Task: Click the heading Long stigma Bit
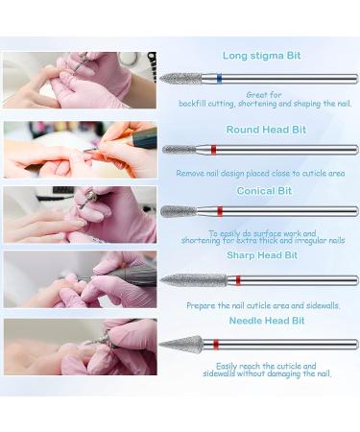[x=261, y=56]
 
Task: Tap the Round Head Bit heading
[x=266, y=130]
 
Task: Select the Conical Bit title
[x=264, y=191]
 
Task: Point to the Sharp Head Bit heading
[x=262, y=255]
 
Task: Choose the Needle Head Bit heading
[x=267, y=321]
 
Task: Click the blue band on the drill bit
[x=219, y=79]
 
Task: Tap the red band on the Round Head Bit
[x=213, y=150]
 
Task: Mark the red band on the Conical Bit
[x=220, y=211]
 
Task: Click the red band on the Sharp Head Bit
[x=238, y=280]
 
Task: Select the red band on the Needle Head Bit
[x=216, y=345]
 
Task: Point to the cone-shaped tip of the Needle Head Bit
[x=181, y=345]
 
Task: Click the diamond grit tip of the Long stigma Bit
[x=180, y=79]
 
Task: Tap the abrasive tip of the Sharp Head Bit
[x=194, y=280]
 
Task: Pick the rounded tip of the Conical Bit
[x=179, y=211]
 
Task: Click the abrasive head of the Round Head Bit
[x=179, y=150]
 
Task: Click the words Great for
[x=264, y=95]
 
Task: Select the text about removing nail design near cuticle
[x=260, y=174]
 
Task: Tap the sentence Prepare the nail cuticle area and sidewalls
[x=263, y=305]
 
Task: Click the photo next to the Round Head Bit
[x=81, y=150]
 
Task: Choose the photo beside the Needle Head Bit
[x=81, y=347]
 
